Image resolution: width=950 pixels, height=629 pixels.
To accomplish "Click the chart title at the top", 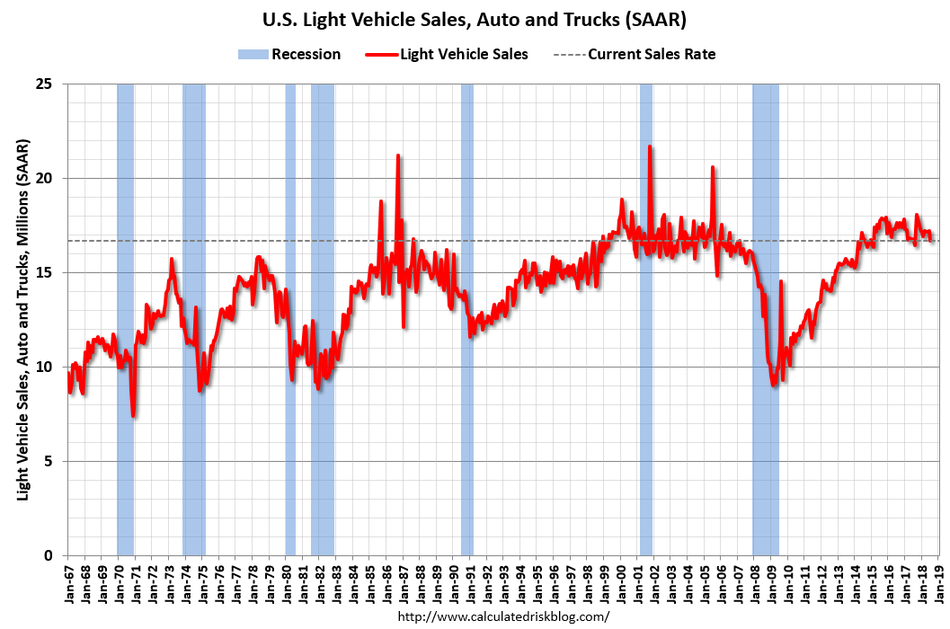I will tap(474, 19).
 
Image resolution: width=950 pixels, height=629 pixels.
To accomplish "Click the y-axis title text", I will tap(22, 320).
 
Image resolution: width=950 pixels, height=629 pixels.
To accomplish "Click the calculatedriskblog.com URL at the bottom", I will tap(502, 616).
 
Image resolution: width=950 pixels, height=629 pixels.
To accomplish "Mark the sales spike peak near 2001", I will tap(650, 146).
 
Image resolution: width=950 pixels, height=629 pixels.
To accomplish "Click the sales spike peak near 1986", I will tap(398, 156).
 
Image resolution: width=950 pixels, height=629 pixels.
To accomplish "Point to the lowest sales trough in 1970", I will tap(133, 415).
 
